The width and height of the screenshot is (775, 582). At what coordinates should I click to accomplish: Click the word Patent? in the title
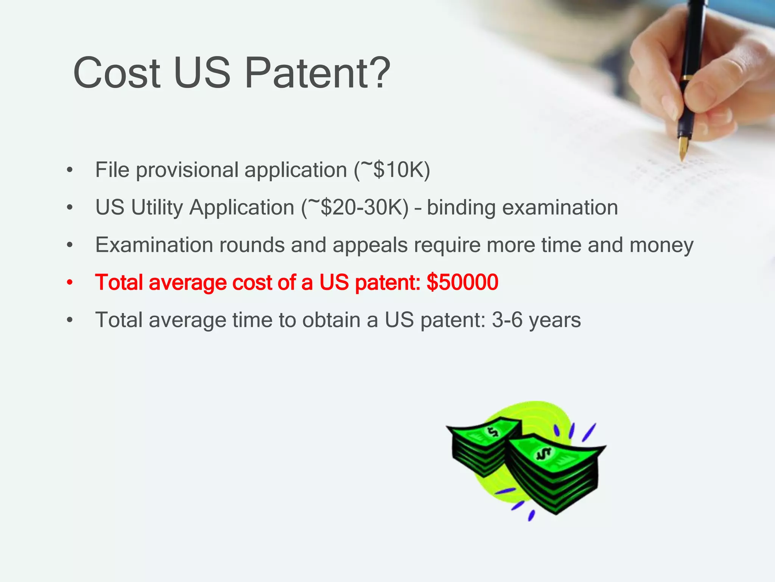click(317, 73)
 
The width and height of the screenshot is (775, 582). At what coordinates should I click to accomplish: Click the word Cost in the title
click(117, 73)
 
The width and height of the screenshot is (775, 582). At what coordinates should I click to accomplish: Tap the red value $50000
click(462, 282)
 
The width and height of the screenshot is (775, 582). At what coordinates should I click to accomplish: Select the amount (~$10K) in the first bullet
click(392, 170)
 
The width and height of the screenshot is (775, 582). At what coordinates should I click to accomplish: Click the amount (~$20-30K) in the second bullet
click(355, 208)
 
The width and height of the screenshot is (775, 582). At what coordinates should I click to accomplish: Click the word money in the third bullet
click(661, 246)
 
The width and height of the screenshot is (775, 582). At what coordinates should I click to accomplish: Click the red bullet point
click(69, 283)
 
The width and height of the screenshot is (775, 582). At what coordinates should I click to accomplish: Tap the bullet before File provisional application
click(69, 171)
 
